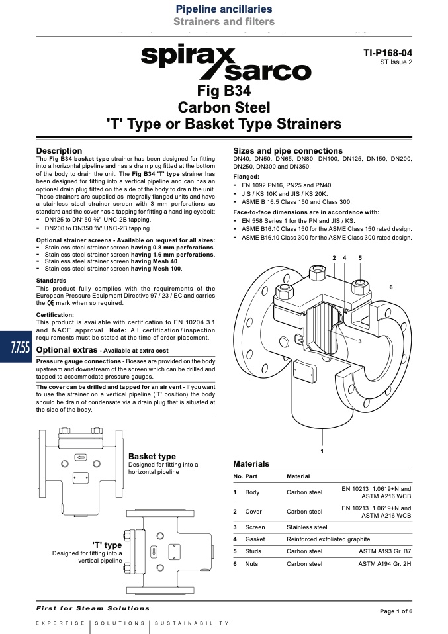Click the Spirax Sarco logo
click(226, 63)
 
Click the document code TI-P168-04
click(388, 53)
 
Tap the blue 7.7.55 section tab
click(16, 347)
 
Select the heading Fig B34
click(224, 91)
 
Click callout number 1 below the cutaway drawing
click(322, 451)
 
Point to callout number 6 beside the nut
click(391, 287)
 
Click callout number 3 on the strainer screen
click(360, 341)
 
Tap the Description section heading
click(59, 151)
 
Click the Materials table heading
click(251, 464)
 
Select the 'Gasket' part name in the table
click(255, 539)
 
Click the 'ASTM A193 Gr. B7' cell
click(384, 551)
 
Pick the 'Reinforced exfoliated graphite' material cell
click(328, 539)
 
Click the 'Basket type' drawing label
click(152, 457)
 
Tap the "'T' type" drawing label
click(107, 545)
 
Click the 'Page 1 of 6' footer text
click(396, 611)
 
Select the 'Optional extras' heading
click(67, 349)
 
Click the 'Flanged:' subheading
click(246, 177)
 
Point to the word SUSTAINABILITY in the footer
click(192, 623)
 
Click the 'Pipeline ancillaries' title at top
click(224, 9)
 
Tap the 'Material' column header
click(298, 476)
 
